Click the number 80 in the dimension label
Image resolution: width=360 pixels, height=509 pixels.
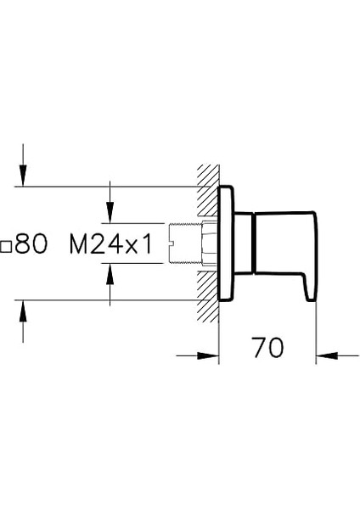click(31, 245)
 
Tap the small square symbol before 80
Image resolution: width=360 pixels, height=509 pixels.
click(6, 247)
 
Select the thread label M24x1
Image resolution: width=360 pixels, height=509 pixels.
click(110, 245)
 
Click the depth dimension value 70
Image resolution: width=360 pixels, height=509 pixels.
click(267, 347)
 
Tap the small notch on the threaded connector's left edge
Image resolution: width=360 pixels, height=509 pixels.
click(172, 245)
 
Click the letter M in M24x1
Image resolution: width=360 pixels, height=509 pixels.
click(78, 245)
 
